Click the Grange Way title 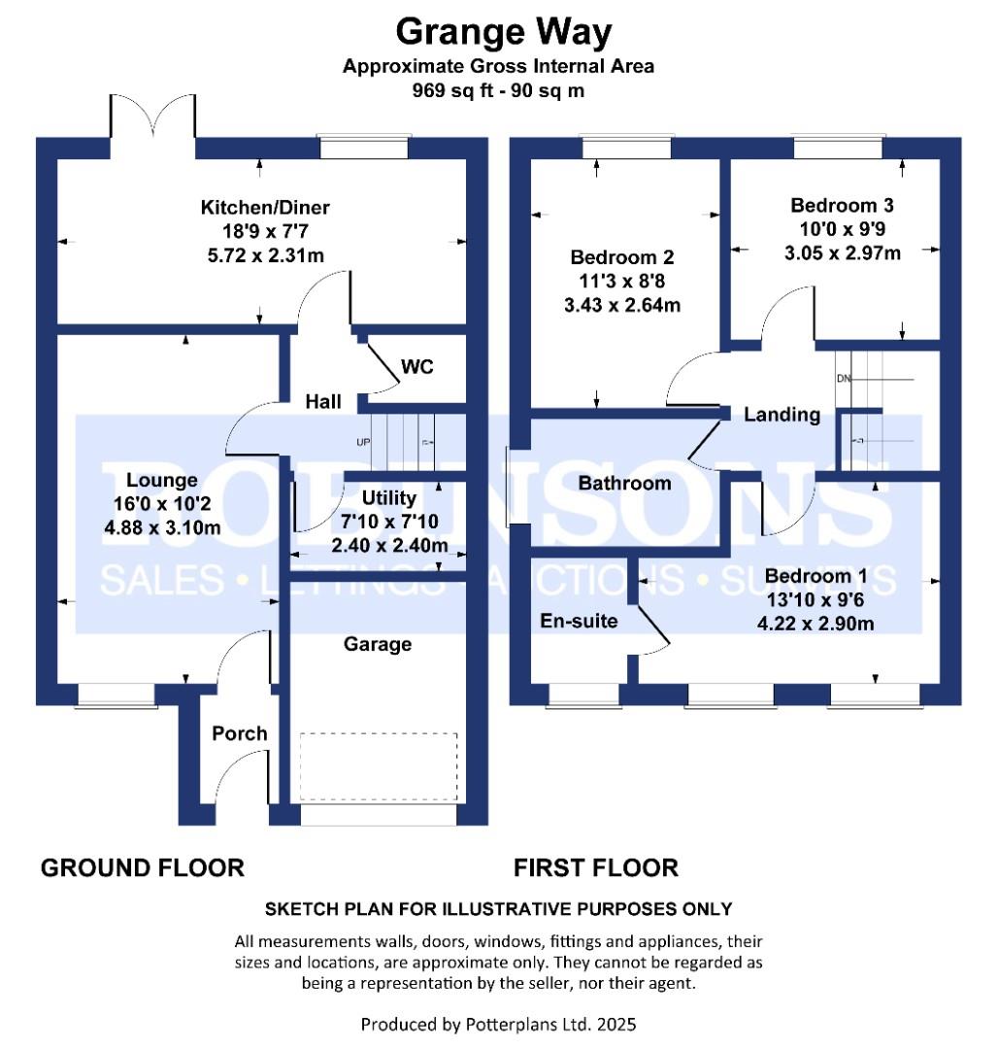tap(504, 32)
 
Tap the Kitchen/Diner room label tap(265, 208)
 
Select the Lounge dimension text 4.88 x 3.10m tap(162, 528)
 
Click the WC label tap(417, 368)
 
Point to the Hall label tap(320, 402)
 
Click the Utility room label tap(388, 498)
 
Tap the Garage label tap(378, 644)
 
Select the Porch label tap(239, 733)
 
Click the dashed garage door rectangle tap(379, 766)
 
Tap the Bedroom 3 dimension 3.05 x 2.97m tap(842, 254)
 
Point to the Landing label tap(782, 416)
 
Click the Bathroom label tap(624, 483)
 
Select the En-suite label tap(579, 621)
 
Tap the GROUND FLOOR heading tap(142, 867)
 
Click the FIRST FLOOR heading tap(596, 867)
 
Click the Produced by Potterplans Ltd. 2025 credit tap(499, 1024)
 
